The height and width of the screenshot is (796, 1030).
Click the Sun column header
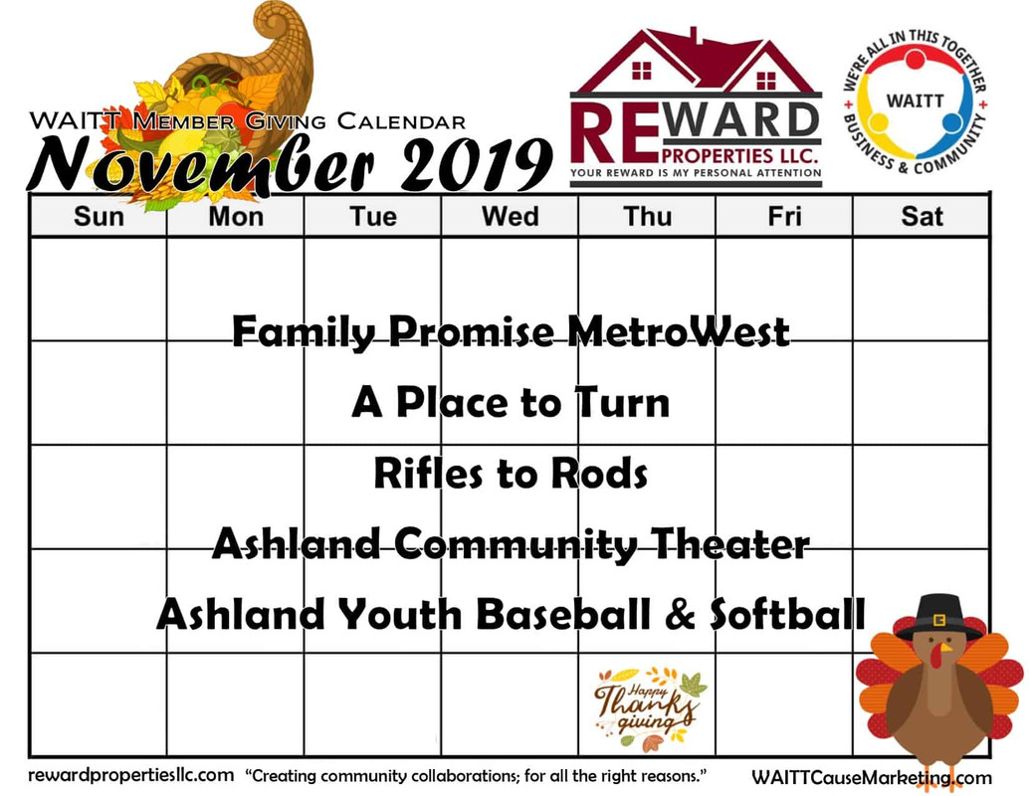pos(99,216)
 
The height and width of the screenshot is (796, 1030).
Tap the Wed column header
pos(510,216)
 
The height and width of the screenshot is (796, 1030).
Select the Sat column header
pos(922,216)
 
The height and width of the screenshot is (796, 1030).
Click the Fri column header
pos(784,216)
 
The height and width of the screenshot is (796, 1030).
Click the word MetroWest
pos(678,331)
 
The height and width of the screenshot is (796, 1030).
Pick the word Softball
pos(787,614)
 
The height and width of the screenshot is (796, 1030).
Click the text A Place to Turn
pos(511,402)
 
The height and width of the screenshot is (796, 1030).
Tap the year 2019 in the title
pos(475,164)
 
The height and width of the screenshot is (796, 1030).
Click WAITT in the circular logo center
pos(915,101)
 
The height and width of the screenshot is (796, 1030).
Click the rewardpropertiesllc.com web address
pos(130,775)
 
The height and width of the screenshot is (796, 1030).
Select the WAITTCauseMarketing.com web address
pos(872,778)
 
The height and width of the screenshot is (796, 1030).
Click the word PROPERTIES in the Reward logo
pos(717,156)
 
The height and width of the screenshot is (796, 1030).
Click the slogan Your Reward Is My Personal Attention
pos(696,173)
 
